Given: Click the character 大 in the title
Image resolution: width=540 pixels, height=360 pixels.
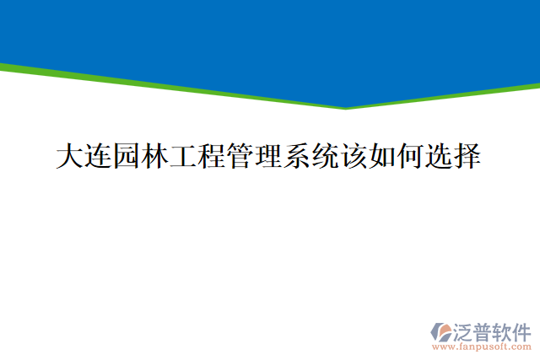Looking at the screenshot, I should point(70,157).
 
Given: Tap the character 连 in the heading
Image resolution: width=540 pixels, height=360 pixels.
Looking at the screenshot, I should point(99,157).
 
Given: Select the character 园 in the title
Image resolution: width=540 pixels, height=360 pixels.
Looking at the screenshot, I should point(127,157).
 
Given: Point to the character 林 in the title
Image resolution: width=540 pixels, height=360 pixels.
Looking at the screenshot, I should point(155,157).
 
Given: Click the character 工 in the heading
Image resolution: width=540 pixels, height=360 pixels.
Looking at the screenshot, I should point(184,157).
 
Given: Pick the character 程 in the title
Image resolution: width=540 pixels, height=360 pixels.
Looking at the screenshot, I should point(213,157).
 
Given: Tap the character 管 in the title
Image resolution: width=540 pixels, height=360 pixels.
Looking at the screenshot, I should point(240,157).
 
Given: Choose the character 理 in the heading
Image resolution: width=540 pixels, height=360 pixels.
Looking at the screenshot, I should point(269,157).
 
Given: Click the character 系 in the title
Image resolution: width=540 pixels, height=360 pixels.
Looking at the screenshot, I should point(298,157).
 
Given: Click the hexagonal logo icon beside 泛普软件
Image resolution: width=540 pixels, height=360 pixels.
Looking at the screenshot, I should point(442,332).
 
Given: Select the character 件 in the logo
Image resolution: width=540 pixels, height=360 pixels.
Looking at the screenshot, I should point(522,330).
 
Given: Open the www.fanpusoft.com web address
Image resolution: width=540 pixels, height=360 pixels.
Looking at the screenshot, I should point(482,346).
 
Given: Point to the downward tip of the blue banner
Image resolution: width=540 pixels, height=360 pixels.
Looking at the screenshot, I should point(346,106).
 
